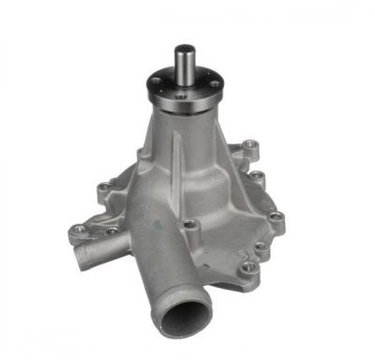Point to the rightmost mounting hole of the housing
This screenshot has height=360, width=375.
277,218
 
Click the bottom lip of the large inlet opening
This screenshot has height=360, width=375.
181,338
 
